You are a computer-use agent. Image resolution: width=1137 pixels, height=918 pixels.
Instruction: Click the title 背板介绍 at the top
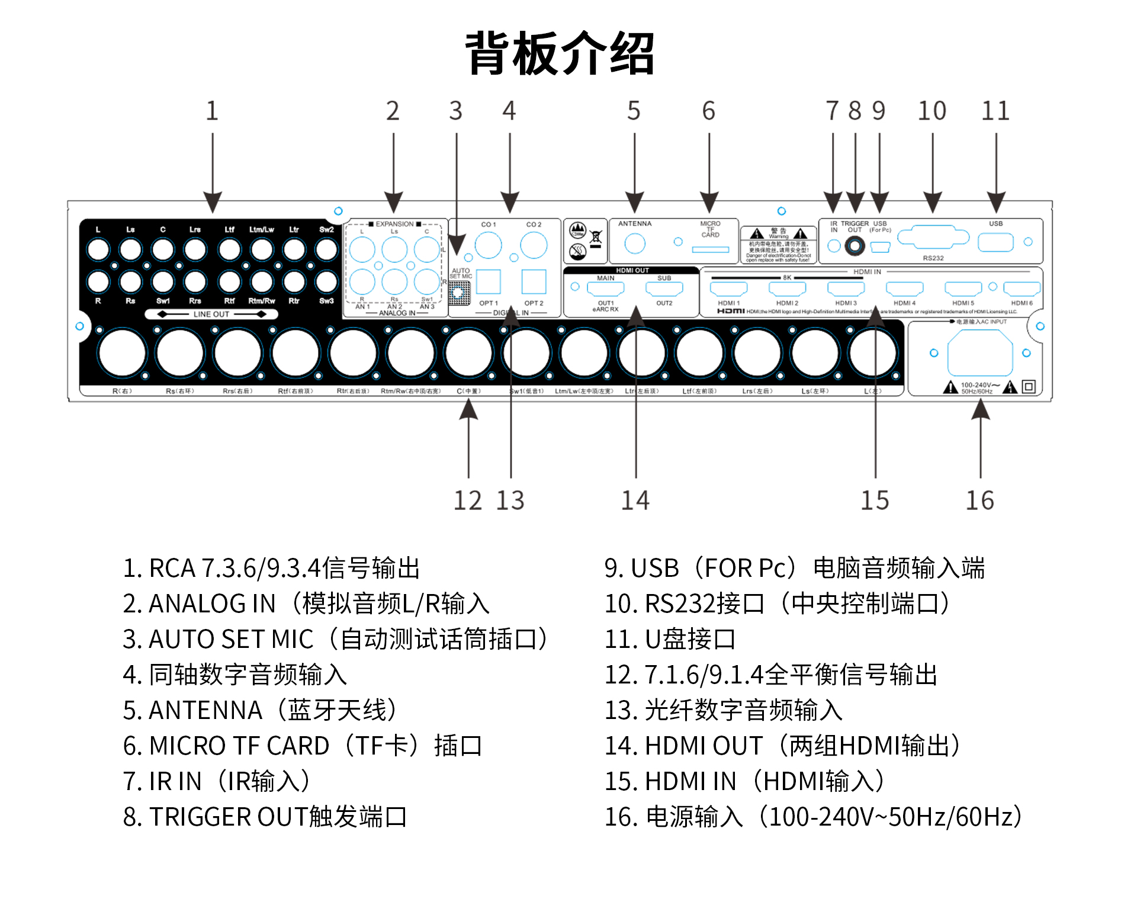tap(560, 53)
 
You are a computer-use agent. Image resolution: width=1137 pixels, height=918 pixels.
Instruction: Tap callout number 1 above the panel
tap(212, 111)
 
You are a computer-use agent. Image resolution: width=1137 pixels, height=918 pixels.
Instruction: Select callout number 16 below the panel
tap(979, 500)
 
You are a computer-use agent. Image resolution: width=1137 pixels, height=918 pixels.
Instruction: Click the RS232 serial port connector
tap(933, 238)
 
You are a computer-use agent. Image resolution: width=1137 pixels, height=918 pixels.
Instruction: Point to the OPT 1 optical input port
tap(489, 282)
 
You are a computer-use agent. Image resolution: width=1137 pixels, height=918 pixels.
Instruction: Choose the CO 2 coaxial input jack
tap(534, 245)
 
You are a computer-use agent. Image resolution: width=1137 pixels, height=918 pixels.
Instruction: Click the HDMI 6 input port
tap(1022, 289)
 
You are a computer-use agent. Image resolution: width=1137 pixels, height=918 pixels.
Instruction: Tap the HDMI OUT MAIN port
tap(605, 289)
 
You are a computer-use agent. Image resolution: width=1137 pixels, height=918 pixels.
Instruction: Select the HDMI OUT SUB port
tap(664, 289)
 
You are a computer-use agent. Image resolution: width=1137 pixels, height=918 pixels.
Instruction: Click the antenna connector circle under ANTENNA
tap(635, 243)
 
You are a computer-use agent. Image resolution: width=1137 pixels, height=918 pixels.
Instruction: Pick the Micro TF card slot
tap(711, 249)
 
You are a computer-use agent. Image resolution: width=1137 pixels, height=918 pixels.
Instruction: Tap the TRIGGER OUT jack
tap(855, 245)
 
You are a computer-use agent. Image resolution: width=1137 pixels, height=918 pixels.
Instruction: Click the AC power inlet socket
tap(980, 354)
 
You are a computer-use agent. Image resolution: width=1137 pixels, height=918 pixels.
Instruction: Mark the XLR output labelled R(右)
tap(123, 353)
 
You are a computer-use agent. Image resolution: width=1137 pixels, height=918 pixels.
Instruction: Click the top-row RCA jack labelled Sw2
tap(326, 249)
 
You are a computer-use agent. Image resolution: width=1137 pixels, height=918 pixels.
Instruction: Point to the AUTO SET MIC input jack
tap(458, 292)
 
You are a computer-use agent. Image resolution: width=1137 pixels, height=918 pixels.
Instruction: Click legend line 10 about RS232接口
tap(776, 604)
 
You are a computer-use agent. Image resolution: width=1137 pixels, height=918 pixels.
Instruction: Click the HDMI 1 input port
tap(728, 289)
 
